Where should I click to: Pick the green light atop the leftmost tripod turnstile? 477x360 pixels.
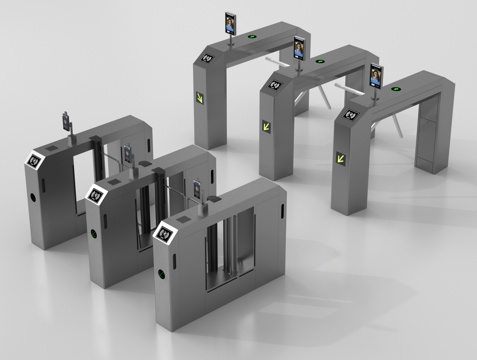(x=249, y=41)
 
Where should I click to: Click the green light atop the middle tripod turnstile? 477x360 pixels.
(x=320, y=61)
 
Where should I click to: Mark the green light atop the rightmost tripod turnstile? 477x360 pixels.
(x=397, y=89)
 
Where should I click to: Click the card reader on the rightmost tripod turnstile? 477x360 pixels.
(x=351, y=113)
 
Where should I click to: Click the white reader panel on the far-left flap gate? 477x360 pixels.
(x=38, y=158)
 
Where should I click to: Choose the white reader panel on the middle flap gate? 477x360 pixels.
(x=97, y=194)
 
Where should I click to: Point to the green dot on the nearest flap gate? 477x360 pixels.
(x=157, y=273)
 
